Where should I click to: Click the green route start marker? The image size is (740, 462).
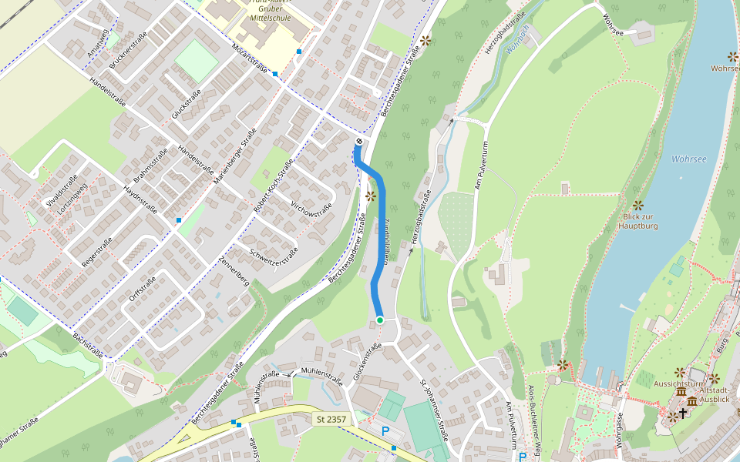pos(380,320)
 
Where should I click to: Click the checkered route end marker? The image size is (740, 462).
pos(358,141)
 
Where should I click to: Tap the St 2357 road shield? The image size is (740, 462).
pos(331,420)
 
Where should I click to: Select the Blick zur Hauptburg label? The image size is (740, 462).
pos(637,222)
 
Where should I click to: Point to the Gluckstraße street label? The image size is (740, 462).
pos(187,104)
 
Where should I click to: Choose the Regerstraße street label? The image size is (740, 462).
pos(97,253)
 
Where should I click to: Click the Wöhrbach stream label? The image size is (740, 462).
pos(516,38)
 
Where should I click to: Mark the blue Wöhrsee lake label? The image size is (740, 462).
pos(688,159)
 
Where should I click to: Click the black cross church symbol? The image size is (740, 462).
pos(682,413)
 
